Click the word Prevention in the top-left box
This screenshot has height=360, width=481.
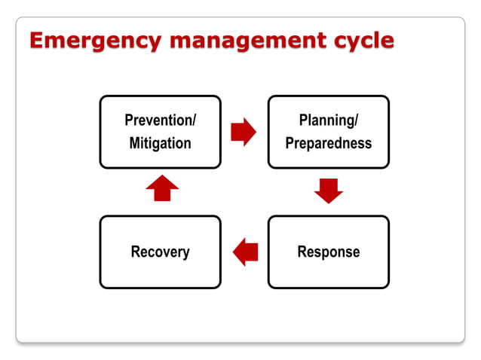click(x=158, y=121)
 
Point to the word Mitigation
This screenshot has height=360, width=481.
click(x=160, y=143)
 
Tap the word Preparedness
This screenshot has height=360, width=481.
click(x=328, y=143)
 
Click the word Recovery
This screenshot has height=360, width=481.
click(x=160, y=252)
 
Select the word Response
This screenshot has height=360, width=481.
click(x=328, y=252)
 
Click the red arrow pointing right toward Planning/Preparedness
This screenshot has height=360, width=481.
click(x=244, y=132)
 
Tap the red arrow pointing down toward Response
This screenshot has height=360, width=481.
click(x=328, y=191)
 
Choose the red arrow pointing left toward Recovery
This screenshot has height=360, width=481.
click(x=245, y=252)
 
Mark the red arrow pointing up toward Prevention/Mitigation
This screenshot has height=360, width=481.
click(x=161, y=188)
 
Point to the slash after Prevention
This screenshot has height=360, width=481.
click(x=195, y=121)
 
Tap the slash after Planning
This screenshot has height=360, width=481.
click(x=355, y=121)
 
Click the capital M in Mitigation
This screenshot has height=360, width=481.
click(x=135, y=143)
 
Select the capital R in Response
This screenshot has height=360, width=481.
click(x=302, y=252)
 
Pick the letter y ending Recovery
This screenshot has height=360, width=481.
click(x=186, y=253)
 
